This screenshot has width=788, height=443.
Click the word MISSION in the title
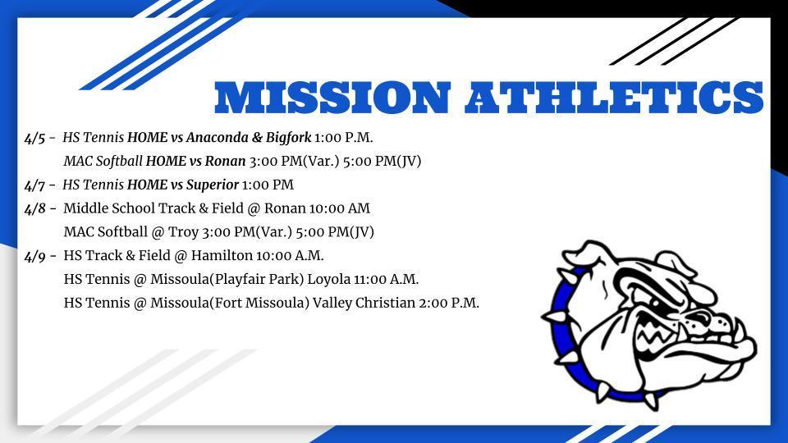tap(332, 97)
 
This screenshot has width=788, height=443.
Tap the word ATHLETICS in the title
tap(614, 97)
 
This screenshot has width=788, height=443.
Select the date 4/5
tap(35, 139)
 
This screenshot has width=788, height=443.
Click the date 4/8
tap(35, 209)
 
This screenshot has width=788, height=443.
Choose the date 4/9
tap(35, 257)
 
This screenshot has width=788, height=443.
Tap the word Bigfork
tap(288, 138)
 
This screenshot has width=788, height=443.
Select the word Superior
tap(213, 185)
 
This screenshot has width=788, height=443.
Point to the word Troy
tap(183, 232)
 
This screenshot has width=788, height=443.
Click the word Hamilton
tap(222, 256)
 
